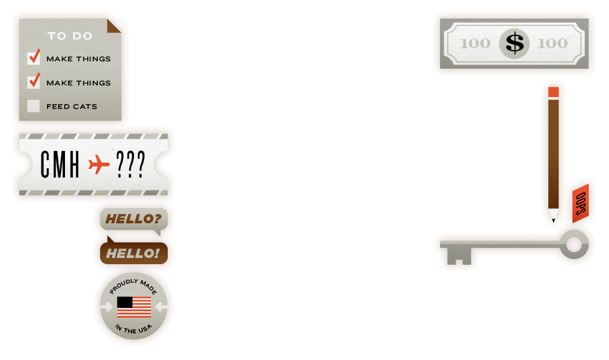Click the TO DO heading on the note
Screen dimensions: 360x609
point(70,36)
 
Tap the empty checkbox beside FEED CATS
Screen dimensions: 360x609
point(33,106)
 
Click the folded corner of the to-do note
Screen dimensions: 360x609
point(115,26)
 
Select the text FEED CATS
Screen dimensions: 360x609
point(72,106)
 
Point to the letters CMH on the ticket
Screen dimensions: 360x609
point(60,165)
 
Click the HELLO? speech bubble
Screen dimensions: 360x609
point(133,218)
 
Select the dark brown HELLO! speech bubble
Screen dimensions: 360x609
point(132,253)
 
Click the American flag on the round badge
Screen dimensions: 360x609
point(134,306)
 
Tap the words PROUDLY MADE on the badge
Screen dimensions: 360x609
point(134,288)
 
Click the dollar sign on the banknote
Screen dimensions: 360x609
point(514,43)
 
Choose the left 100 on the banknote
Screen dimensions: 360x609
point(475,43)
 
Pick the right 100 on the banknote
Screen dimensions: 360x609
point(552,43)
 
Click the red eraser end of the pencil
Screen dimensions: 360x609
point(553,92)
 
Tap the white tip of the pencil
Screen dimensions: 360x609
point(553,214)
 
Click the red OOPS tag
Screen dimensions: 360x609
point(581,202)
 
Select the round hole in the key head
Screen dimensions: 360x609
point(574,244)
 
